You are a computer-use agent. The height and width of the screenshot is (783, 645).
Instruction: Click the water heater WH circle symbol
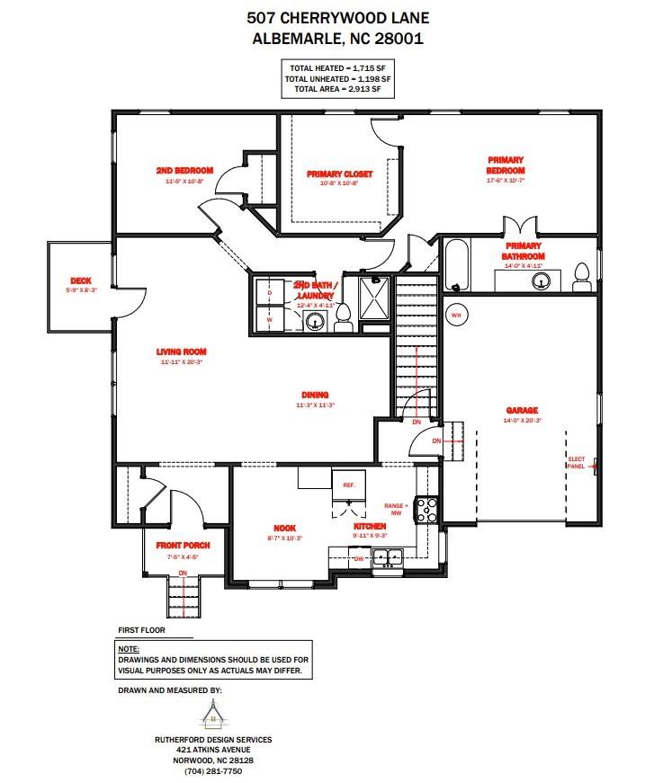tap(455, 316)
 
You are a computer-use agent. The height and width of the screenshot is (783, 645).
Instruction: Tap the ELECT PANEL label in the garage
tap(576, 463)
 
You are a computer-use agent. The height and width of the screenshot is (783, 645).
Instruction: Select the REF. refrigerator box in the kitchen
tap(349, 485)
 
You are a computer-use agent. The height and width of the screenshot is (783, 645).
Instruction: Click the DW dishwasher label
tap(357, 558)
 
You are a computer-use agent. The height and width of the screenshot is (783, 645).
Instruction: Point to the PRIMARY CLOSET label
tap(339, 174)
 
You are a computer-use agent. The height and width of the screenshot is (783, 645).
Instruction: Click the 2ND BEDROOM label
tap(184, 171)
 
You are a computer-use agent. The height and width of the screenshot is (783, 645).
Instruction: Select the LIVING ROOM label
tap(182, 351)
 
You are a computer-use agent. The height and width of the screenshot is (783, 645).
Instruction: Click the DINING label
tap(315, 394)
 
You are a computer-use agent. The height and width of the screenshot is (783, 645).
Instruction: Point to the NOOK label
tap(285, 529)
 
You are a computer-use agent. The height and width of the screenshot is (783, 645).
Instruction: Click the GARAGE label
tap(522, 410)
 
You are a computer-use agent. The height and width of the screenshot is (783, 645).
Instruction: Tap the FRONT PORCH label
tap(183, 546)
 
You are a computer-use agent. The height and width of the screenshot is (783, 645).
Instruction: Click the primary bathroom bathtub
tap(456, 265)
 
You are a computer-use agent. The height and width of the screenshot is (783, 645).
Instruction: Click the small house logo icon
tap(211, 716)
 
